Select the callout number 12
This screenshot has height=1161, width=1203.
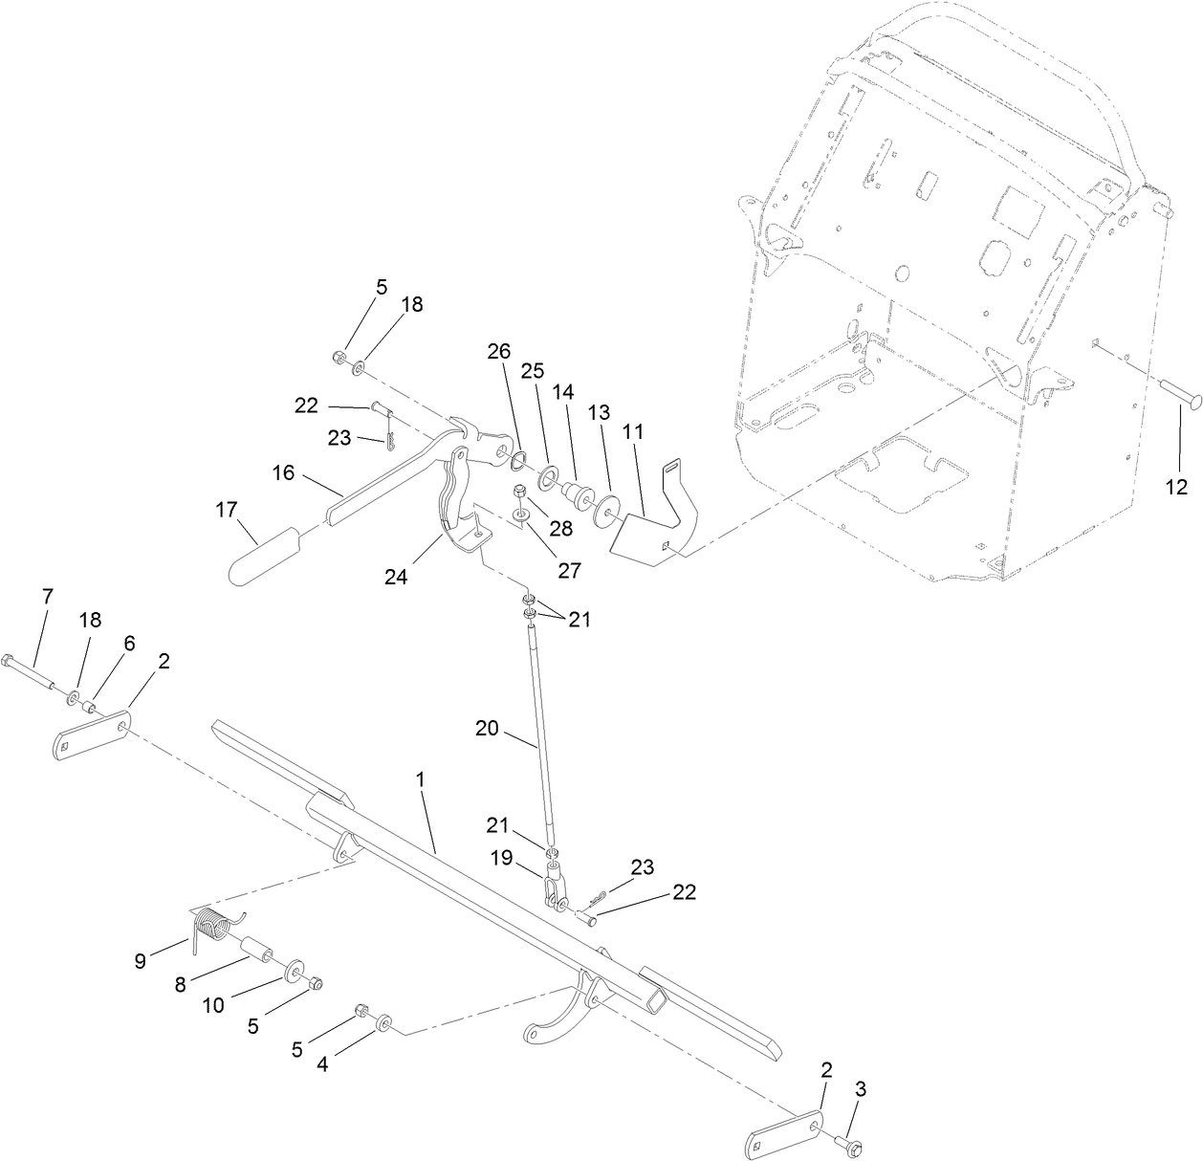pyautogui.click(x=1176, y=488)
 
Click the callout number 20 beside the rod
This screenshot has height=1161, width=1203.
pyautogui.click(x=488, y=728)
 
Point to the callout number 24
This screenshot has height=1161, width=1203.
pyautogui.click(x=396, y=577)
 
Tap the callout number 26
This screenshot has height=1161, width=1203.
pyautogui.click(x=498, y=351)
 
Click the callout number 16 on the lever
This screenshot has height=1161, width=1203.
pyautogui.click(x=283, y=474)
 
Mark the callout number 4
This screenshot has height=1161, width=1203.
pyautogui.click(x=322, y=1063)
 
